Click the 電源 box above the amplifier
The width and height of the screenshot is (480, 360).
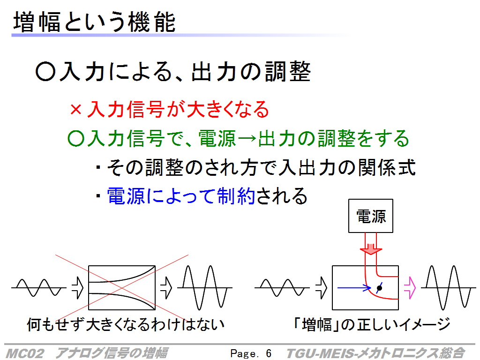tap(371, 216)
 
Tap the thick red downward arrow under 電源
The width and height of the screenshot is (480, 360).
tap(371, 249)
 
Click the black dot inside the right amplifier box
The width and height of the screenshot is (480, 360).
tap(379, 288)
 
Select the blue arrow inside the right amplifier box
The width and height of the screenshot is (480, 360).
tap(354, 287)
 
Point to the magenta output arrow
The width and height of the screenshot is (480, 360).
tap(410, 288)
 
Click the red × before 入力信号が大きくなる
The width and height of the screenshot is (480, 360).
tap(75, 109)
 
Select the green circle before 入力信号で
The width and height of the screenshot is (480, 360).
tap(75, 138)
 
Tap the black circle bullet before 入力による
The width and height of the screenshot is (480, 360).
tap(45, 72)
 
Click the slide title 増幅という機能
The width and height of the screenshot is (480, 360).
tap(94, 22)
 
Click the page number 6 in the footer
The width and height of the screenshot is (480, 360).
tap(269, 353)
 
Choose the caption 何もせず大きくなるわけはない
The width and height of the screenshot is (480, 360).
tap(126, 324)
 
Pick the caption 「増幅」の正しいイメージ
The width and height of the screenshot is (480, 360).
tap(372, 324)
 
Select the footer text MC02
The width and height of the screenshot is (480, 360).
tap(25, 353)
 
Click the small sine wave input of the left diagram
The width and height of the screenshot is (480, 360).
tap(38, 288)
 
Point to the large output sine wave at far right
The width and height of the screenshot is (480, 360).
tap(448, 288)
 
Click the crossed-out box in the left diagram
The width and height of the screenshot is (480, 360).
tap(122, 288)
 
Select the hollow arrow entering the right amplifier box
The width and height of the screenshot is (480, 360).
tap(322, 288)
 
